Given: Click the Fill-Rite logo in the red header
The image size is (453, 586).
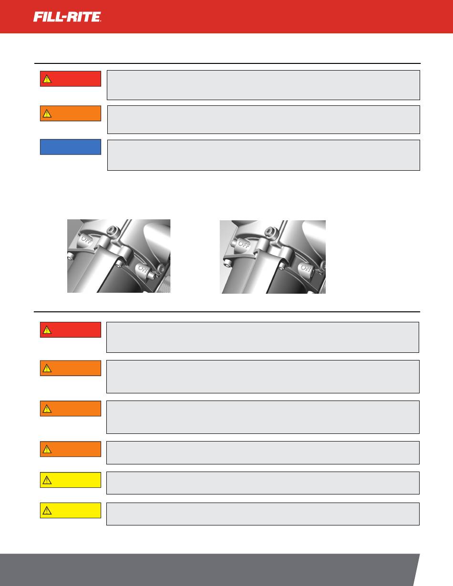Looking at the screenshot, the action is click(x=67, y=17).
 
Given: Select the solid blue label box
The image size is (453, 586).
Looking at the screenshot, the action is click(x=71, y=147).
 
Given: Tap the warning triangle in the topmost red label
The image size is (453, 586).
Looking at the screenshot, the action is click(x=47, y=79).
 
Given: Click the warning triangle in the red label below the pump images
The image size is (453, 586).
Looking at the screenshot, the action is click(x=47, y=330).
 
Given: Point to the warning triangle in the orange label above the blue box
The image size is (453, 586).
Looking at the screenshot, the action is click(x=47, y=113).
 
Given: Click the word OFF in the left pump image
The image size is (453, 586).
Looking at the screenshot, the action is click(x=87, y=239).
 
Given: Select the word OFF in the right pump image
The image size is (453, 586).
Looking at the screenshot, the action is click(x=244, y=244).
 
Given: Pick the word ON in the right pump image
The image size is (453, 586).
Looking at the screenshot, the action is click(x=306, y=268).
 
